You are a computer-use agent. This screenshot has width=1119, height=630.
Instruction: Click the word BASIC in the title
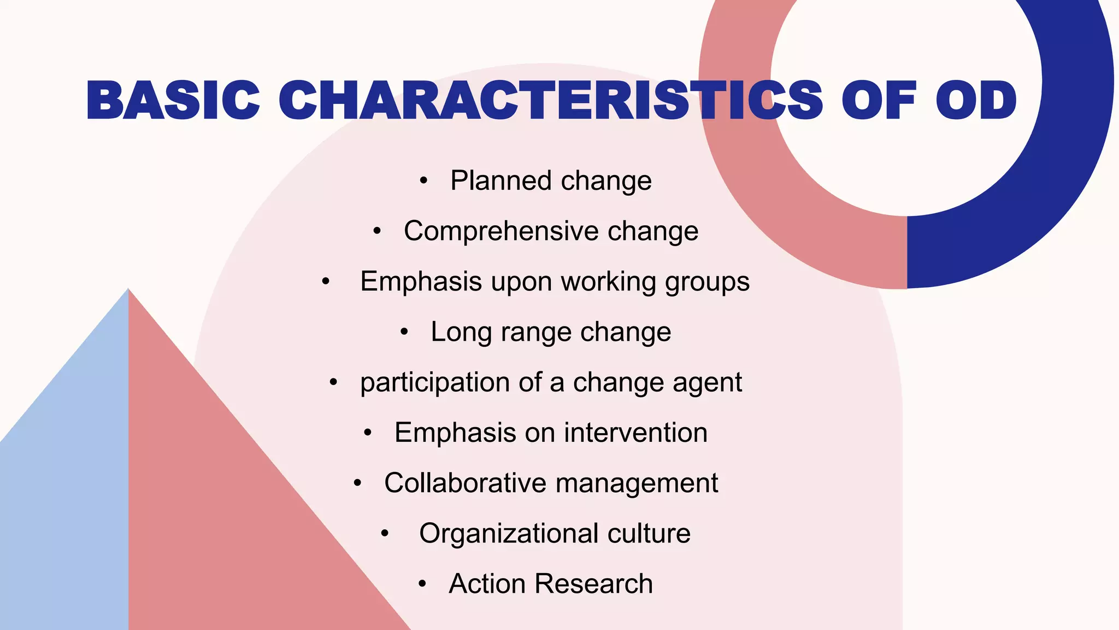coord(173,101)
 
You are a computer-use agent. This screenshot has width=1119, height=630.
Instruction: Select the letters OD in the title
coord(976,101)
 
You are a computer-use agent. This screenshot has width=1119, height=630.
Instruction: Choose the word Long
coord(457,332)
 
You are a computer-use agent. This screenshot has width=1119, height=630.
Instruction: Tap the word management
coord(637,483)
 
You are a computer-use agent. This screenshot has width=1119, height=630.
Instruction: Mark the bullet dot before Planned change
coord(423,181)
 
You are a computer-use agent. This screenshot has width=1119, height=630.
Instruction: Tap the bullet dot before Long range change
coord(404,332)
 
